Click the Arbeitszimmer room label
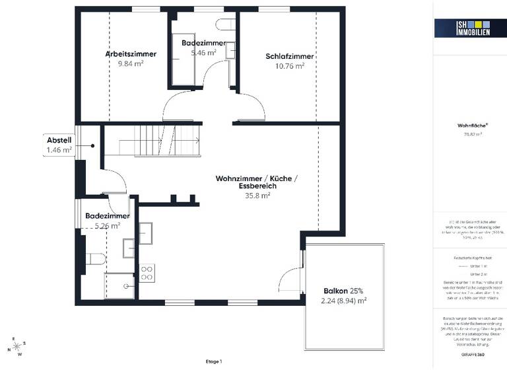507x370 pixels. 130,54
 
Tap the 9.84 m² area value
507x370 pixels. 130,64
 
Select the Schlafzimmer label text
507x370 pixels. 289,56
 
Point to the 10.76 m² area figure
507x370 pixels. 289,66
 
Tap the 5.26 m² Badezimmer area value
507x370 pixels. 107,225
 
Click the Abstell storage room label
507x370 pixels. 59,140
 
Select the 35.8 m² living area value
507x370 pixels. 257,196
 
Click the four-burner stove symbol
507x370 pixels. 147,272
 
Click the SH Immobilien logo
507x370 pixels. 461,28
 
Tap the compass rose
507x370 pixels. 18,345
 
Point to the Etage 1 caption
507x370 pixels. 214,361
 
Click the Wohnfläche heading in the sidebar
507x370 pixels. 469,124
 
